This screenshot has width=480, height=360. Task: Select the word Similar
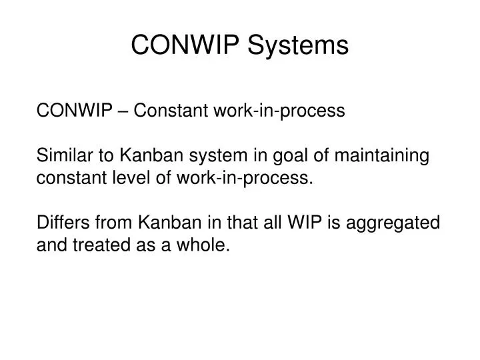[61, 156]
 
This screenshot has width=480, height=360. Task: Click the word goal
[299, 156]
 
